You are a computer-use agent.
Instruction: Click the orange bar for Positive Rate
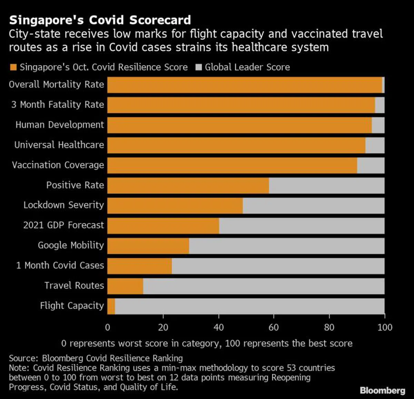188,186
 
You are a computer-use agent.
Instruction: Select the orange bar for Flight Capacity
111,306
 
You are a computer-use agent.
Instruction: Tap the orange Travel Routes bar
125,286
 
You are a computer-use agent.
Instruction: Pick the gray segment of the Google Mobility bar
286,246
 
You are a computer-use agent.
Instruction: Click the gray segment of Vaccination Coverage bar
371,165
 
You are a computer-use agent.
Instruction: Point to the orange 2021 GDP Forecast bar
163,226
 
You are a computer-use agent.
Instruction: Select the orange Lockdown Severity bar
175,206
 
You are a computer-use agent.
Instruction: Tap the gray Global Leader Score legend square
198,67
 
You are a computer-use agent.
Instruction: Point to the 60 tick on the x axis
274,327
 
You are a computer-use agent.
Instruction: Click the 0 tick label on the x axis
108,327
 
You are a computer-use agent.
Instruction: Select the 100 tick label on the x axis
385,327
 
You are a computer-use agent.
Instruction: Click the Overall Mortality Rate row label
56,85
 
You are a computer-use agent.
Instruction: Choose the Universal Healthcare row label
59,145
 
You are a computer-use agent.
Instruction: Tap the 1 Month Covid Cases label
60,266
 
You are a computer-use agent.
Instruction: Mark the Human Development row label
60,125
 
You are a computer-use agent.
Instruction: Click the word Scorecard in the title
160,20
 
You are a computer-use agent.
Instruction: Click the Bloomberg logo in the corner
382,390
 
